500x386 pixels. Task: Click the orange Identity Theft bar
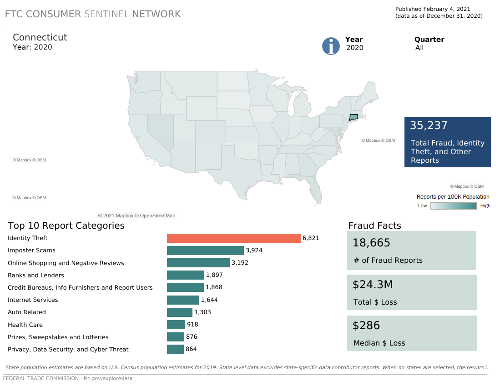[234, 238]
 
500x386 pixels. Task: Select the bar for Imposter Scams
[205, 251]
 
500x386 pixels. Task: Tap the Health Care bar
[176, 325]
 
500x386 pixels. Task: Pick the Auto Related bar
[180, 312]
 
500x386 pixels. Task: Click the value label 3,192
[240, 263]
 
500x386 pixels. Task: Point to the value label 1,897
[214, 275]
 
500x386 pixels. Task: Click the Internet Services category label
[33, 300]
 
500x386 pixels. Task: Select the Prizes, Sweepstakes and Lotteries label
[58, 337]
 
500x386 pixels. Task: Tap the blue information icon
[331, 46]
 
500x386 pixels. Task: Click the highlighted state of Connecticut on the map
[354, 117]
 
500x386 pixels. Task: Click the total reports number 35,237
[429, 125]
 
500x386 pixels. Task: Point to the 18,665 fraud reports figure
[371, 243]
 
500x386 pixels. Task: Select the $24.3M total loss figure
[373, 285]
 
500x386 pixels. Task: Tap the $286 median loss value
[366, 326]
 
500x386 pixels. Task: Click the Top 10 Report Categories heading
[66, 226]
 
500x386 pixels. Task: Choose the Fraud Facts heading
[374, 226]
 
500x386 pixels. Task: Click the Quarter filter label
[429, 40]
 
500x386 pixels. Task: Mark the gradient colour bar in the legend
[454, 206]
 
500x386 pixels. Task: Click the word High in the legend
[485, 206]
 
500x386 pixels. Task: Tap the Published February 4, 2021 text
[433, 9]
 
